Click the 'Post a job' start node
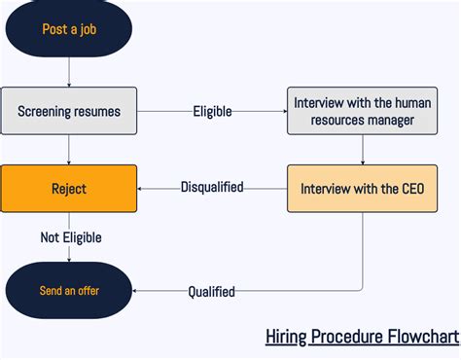point(69,29)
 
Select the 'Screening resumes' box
point(69,111)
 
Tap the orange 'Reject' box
point(69,188)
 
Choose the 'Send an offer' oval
point(69,290)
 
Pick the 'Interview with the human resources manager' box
point(364,111)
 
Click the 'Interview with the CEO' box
point(364,188)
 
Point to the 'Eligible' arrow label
point(212,111)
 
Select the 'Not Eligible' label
point(70,237)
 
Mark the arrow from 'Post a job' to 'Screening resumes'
point(69,70)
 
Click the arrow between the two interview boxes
point(364,149)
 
